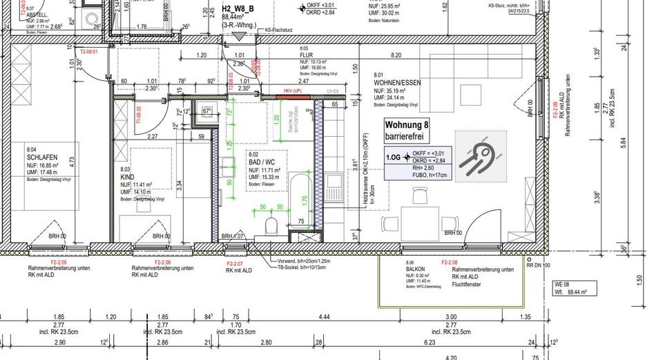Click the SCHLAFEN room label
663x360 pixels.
[42, 157]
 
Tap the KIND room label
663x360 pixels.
[127, 178]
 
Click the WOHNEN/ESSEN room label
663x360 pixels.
[397, 83]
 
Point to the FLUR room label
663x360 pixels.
[305, 56]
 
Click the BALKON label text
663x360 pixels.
[416, 270]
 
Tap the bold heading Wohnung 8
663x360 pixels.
[407, 125]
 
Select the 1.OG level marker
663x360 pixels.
[394, 157]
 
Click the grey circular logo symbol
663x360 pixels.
[478, 153]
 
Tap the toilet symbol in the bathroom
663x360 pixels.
[271, 225]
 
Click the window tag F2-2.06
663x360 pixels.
[163, 263]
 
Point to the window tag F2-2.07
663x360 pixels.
[235, 264]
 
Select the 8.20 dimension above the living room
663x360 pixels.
[396, 55]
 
